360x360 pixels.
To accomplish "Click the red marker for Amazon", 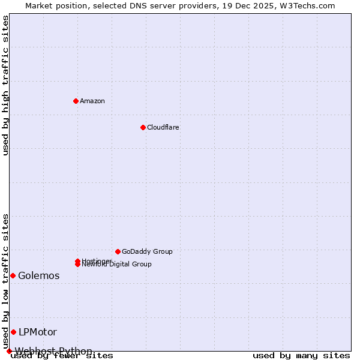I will (x=76, y=101).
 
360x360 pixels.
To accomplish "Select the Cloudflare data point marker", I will (x=143, y=127).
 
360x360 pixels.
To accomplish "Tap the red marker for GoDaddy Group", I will (x=118, y=251).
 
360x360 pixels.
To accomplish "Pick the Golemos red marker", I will (x=13, y=275).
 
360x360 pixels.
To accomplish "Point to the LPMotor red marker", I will (x=13, y=332).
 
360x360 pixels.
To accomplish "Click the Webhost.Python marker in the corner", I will (x=9, y=351).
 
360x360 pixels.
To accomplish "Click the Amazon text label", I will (x=92, y=101).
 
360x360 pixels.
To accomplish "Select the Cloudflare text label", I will (x=163, y=127).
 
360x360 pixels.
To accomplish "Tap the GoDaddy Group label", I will (x=147, y=251).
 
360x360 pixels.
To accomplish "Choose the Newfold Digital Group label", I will (x=118, y=265).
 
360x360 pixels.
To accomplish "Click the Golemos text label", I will (x=39, y=276).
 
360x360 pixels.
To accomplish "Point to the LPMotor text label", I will (x=38, y=332).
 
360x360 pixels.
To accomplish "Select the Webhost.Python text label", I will (x=54, y=351).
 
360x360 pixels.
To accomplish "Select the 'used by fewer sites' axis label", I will (x=62, y=356).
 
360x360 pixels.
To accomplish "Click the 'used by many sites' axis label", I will (x=301, y=356).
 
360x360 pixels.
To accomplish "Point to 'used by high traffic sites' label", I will (x=6, y=85).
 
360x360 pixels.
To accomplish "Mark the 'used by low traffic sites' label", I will (x=6, y=281).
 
